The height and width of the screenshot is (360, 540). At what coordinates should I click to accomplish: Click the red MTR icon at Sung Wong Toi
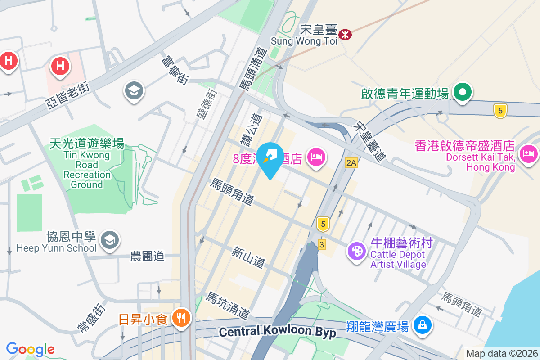click(345, 34)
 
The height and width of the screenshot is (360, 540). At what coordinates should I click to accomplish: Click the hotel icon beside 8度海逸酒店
click(317, 157)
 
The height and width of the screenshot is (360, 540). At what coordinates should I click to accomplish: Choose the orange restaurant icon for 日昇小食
click(182, 319)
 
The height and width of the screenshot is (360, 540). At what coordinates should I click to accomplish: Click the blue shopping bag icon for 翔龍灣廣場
click(423, 324)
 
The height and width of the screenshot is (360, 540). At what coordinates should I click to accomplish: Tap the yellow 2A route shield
click(351, 163)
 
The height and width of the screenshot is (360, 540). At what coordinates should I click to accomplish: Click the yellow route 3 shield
click(321, 244)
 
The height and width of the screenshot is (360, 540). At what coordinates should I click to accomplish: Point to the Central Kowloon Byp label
click(278, 332)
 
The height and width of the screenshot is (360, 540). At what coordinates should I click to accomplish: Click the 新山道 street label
click(248, 257)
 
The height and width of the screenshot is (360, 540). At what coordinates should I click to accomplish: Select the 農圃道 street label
click(147, 256)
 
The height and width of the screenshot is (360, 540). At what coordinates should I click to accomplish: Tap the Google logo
click(30, 349)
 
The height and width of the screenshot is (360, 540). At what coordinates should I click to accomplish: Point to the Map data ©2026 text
click(502, 354)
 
